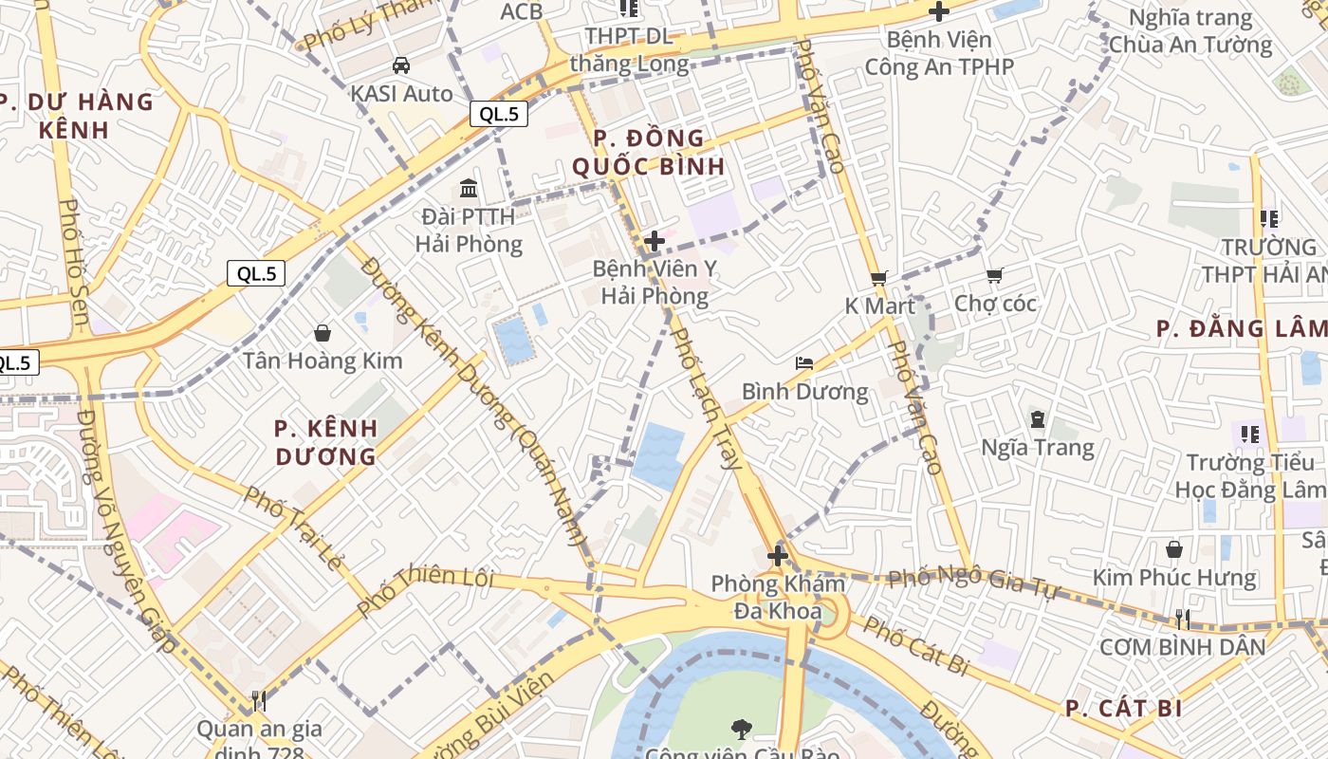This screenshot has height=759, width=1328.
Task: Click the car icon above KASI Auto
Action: click(401, 65)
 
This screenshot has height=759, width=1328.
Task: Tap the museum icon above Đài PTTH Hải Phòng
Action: click(469, 188)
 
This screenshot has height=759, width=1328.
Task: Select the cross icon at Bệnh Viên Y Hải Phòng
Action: click(654, 241)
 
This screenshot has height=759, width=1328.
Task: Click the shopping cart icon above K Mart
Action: click(878, 278)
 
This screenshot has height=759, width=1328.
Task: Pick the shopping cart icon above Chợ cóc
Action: click(994, 275)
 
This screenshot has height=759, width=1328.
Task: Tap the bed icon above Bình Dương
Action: click(804, 362)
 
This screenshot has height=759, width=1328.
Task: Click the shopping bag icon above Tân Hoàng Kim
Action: click(323, 332)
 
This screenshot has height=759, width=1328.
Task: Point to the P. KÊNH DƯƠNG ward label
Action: click(326, 442)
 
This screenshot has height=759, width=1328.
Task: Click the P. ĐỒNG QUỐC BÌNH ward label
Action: click(649, 152)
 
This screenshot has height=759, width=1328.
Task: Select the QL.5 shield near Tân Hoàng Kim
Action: click(256, 274)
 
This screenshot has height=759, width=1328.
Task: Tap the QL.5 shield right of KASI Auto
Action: click(499, 115)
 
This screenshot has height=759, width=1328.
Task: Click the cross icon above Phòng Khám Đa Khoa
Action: click(778, 555)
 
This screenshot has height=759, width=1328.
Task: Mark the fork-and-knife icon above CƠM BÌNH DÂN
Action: click(1182, 619)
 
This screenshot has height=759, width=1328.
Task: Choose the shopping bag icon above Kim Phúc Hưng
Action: click(1174, 549)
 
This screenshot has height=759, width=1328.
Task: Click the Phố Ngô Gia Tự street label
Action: click(973, 580)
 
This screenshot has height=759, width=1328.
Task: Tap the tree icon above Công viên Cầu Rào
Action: click(742, 729)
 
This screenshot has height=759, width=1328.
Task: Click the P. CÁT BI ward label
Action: click(1123, 709)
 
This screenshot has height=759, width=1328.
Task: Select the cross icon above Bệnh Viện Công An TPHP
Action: click(938, 11)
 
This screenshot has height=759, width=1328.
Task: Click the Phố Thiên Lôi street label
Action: click(426, 589)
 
